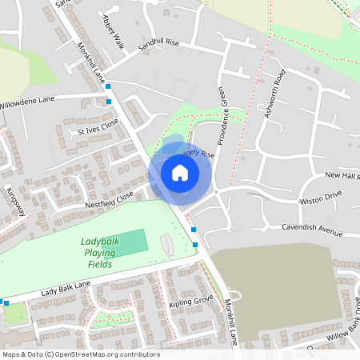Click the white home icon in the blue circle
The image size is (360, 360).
pyautogui.click(x=180, y=172)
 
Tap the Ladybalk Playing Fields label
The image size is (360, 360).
pyautogui.click(x=101, y=253)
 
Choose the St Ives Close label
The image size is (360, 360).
pyautogui.click(x=98, y=127)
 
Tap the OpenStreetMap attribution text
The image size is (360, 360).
pyautogui.click(x=81, y=354)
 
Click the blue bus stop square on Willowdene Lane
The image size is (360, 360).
pyautogui.click(x=109, y=102)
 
